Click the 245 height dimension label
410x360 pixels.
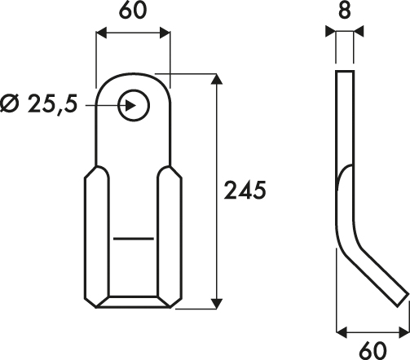pos(245,190)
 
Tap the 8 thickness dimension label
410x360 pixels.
pos(345,11)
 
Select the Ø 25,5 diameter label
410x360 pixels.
pos(39,103)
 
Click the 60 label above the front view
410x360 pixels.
pos(133,10)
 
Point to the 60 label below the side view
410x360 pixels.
pos(373,350)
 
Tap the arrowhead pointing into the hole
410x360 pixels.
pos(130,105)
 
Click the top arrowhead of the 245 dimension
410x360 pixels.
pos(217,79)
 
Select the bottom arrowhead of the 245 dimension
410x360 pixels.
pos(217,304)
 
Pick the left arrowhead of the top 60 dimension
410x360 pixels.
pos(102,33)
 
